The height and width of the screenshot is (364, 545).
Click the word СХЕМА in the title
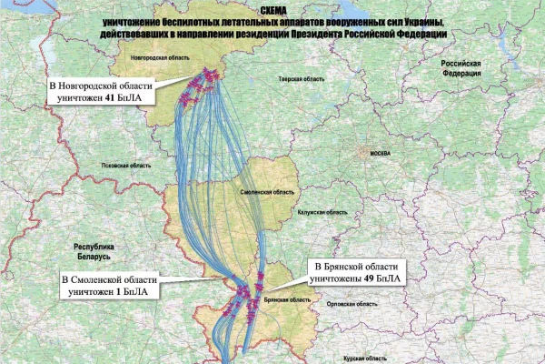[x=272, y=10]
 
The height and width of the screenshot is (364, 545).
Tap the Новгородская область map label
[x=161, y=56]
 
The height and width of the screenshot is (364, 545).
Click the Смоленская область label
[x=267, y=194]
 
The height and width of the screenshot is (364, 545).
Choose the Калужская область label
[x=323, y=211]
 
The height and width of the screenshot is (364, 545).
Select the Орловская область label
[x=347, y=305]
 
